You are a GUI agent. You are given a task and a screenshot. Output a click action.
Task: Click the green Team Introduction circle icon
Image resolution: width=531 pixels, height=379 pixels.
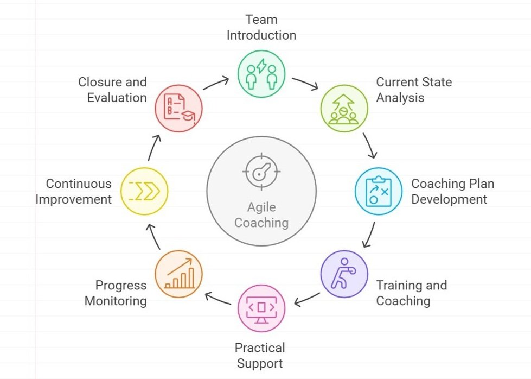click(261, 74)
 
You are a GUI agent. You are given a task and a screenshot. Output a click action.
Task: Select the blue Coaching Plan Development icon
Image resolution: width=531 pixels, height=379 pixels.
click(378, 191)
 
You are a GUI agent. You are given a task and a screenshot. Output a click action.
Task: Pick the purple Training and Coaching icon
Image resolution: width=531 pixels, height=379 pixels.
click(344, 274)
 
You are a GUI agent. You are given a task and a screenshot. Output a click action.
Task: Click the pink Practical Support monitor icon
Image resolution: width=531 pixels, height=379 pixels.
click(261, 308)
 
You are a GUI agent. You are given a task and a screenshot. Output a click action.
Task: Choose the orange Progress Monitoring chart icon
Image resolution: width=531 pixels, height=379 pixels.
click(178, 274)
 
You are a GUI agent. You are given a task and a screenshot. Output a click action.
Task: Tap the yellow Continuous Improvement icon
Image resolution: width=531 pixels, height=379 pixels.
click(145, 191)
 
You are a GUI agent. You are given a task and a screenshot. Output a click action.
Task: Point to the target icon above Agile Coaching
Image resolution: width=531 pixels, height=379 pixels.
click(261, 172)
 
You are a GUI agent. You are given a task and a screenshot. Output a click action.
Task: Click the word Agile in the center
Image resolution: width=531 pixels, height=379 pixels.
click(261, 207)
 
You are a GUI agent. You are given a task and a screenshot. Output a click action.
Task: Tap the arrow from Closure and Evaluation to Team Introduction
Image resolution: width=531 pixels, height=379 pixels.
click(216, 83)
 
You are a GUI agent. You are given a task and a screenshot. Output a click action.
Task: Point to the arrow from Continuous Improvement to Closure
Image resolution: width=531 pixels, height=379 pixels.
click(154, 147)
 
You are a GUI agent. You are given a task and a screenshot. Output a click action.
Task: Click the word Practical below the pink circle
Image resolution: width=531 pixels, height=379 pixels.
click(260, 348)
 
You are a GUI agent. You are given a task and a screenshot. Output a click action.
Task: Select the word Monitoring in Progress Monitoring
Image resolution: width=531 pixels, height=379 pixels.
click(116, 301)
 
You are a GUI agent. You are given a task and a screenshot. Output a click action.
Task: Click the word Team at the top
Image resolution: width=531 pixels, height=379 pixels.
click(261, 20)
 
